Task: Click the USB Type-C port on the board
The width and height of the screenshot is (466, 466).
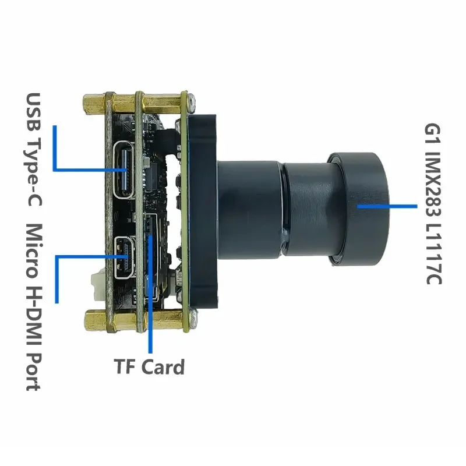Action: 125,170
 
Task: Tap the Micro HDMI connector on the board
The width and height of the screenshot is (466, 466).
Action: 125,257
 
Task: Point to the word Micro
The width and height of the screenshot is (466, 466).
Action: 33,251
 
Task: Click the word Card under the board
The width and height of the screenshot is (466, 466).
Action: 163,367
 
